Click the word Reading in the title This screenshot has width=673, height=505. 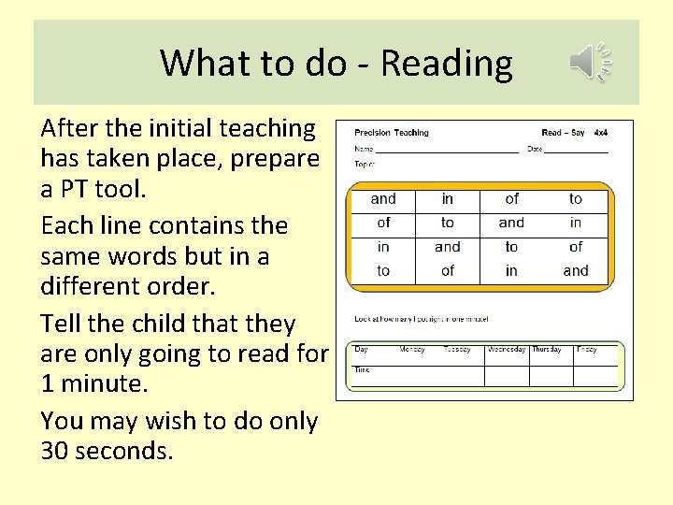point(447,64)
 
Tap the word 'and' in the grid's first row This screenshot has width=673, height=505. point(383,198)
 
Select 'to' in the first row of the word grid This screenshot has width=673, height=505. point(576,198)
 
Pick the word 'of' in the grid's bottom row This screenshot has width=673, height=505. point(448,271)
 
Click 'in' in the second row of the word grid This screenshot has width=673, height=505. point(576,223)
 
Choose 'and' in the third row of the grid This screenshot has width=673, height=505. point(448,247)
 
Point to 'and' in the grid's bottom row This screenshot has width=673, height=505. point(576,271)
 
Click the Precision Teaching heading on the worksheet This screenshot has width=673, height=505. point(392,133)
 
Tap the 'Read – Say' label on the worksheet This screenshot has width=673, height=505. point(563,133)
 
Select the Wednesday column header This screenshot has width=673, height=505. point(506,349)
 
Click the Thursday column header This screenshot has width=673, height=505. point(547,349)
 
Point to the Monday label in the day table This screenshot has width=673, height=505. point(412,349)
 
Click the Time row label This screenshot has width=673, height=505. point(362,369)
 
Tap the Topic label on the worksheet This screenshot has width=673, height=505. point(364,164)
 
